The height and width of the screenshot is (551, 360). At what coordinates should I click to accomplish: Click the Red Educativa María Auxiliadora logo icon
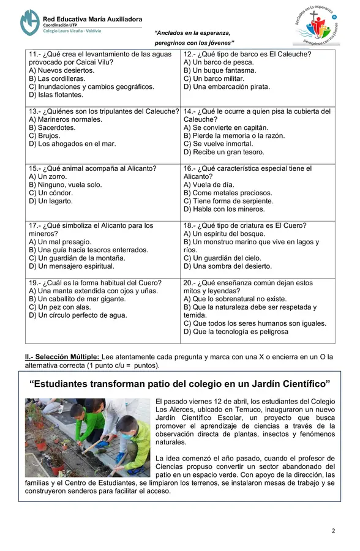point(29,22)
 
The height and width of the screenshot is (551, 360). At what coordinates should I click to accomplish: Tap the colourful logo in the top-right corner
point(316,28)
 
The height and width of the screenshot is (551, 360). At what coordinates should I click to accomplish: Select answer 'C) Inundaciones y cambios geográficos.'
point(91,87)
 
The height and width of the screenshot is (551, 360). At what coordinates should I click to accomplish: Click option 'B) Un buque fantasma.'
point(219,70)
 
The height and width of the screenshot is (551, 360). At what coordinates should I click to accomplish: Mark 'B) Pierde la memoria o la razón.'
point(233,136)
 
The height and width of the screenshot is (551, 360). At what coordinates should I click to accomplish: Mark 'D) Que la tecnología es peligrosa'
point(235,332)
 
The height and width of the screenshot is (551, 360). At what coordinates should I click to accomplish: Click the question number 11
point(34,54)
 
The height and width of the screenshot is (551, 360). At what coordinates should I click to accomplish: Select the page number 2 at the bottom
point(333,530)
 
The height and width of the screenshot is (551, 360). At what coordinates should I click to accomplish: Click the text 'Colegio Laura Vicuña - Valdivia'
point(72,31)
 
